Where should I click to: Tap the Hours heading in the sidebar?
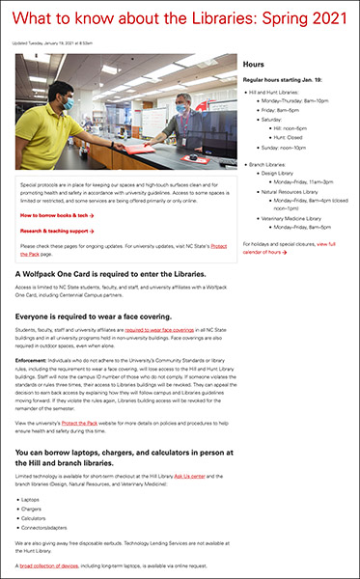(x=255, y=63)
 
